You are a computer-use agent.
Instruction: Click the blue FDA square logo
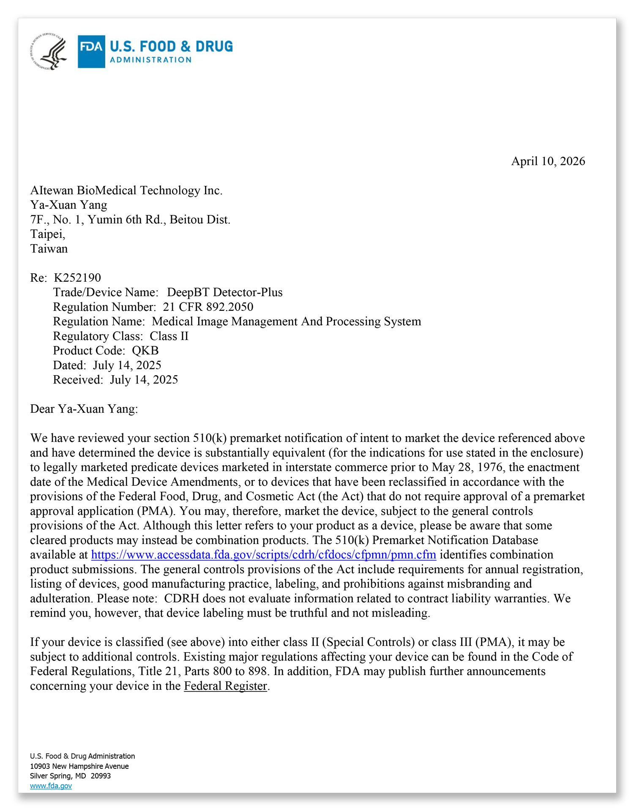coord(91,52)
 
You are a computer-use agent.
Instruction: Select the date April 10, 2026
coord(548,161)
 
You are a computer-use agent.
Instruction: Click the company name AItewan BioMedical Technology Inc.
coord(126,191)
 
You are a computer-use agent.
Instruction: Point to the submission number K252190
coord(77,278)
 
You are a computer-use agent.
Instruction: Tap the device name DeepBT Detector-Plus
coord(224,292)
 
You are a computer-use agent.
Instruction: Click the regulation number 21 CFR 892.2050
coord(208,307)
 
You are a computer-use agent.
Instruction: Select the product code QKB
coord(145,351)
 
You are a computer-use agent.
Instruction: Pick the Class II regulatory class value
coord(169,336)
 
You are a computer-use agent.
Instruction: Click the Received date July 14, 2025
coord(144,380)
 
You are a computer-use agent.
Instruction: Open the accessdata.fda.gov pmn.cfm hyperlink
coord(263,555)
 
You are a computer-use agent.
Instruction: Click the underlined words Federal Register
coord(225,686)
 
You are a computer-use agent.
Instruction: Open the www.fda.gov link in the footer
coord(51,786)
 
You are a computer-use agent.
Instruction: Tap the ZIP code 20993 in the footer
coord(101,776)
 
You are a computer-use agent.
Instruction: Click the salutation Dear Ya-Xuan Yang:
coord(84,409)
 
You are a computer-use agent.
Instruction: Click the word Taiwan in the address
coord(49,249)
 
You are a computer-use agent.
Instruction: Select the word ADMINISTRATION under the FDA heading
coord(150,60)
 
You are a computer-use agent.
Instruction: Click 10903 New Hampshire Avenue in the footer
coord(79,766)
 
